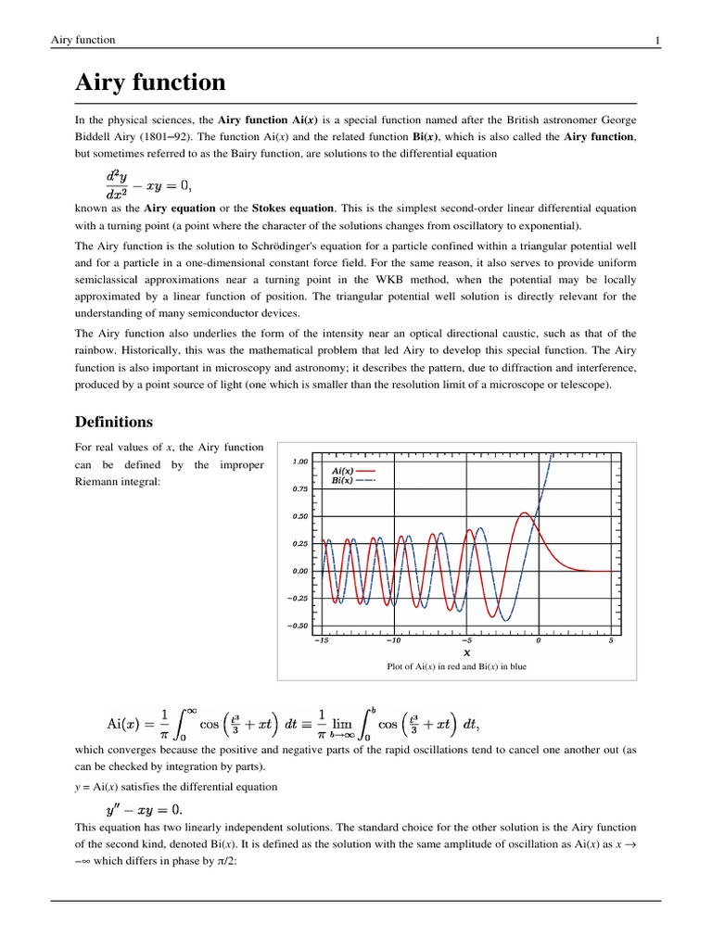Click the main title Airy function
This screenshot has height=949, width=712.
150,82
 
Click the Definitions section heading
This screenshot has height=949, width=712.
113,422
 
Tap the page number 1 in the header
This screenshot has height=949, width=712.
657,40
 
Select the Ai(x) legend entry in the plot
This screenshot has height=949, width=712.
343,471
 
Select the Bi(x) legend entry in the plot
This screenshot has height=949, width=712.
343,480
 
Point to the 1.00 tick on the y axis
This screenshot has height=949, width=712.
299,461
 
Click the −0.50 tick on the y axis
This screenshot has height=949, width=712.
298,626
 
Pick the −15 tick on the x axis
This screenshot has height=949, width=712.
322,639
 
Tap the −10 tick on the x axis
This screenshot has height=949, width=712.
394,639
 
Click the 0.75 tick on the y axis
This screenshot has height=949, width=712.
299,488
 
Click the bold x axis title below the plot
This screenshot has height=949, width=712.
466,652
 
